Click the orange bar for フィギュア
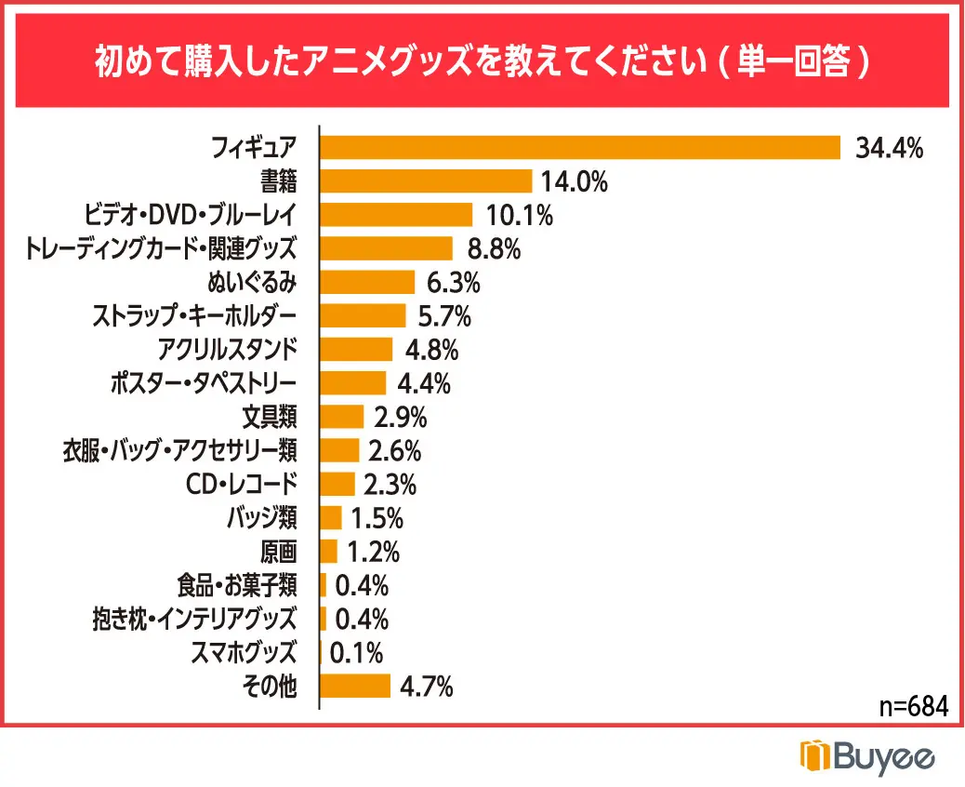(580, 147)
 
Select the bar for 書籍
(426, 181)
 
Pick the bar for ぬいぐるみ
(367, 282)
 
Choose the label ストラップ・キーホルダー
(195, 316)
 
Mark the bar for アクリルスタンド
(356, 350)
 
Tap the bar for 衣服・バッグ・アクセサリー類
(339, 451)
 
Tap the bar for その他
(355, 687)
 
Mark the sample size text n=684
(913, 706)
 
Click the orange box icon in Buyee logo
(813, 755)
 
